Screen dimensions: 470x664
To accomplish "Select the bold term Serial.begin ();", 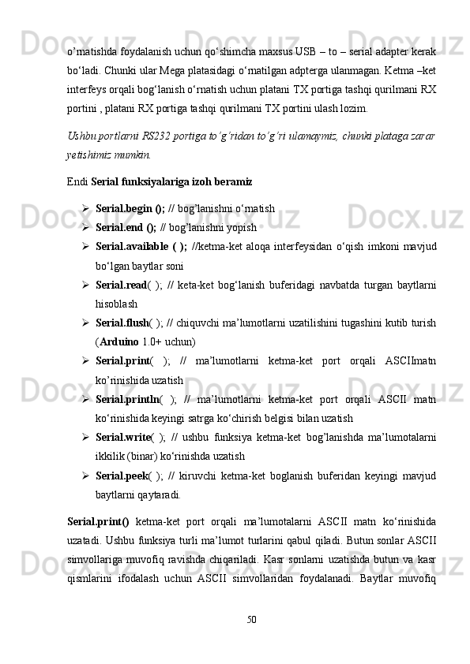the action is (130, 210).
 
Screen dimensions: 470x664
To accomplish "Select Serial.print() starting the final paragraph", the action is (99, 521).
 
